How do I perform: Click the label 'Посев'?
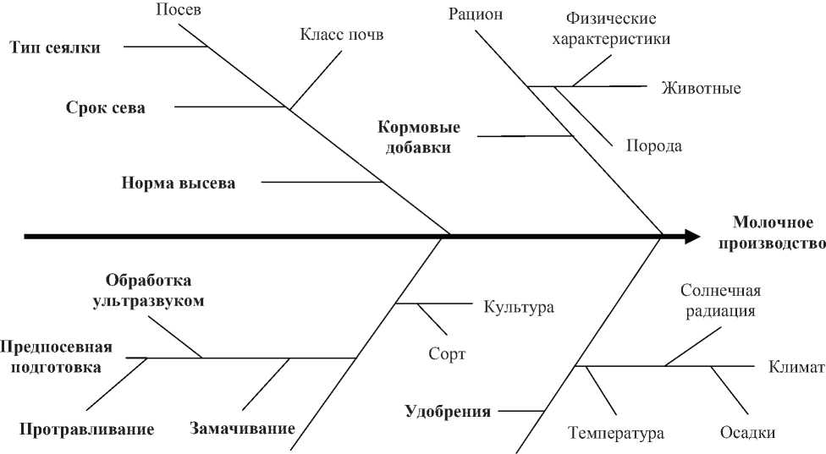click(180, 11)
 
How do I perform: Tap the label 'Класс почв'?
click(342, 36)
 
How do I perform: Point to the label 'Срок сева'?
click(106, 108)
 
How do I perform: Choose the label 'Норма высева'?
click(178, 183)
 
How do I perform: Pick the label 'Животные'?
click(702, 88)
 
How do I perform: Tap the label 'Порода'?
click(654, 145)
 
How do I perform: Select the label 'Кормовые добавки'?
click(419, 137)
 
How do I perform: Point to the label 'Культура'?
click(519, 307)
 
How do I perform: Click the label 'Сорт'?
click(447, 354)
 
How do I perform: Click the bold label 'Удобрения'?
click(448, 413)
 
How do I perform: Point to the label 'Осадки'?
click(747, 432)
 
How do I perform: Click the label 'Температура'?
click(616, 434)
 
